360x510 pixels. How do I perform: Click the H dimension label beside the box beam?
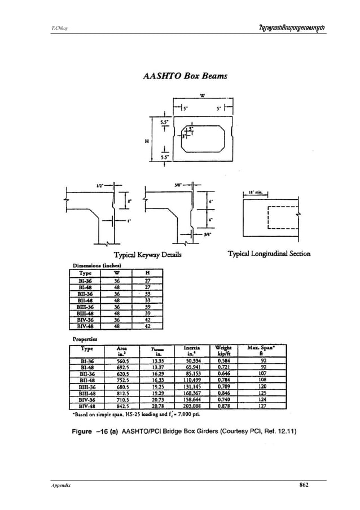147,142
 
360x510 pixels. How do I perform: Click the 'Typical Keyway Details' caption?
148,254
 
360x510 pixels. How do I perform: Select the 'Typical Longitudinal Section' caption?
269,254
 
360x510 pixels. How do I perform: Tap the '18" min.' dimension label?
254,193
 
